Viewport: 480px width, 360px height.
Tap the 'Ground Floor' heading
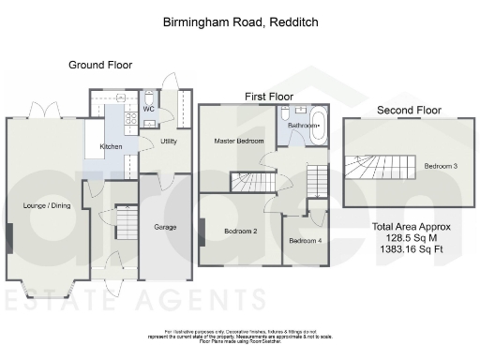tap(99, 65)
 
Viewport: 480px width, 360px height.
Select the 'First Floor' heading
tap(269, 96)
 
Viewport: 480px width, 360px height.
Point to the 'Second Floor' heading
tap(408, 111)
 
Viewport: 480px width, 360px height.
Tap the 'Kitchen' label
tap(112, 147)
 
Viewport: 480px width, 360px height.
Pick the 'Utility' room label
tap(169, 142)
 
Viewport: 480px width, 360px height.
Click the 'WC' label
tap(147, 109)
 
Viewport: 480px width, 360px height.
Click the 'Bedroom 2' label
tap(240, 230)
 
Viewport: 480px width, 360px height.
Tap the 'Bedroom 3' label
tap(441, 166)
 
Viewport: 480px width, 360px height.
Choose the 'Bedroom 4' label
tap(304, 241)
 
